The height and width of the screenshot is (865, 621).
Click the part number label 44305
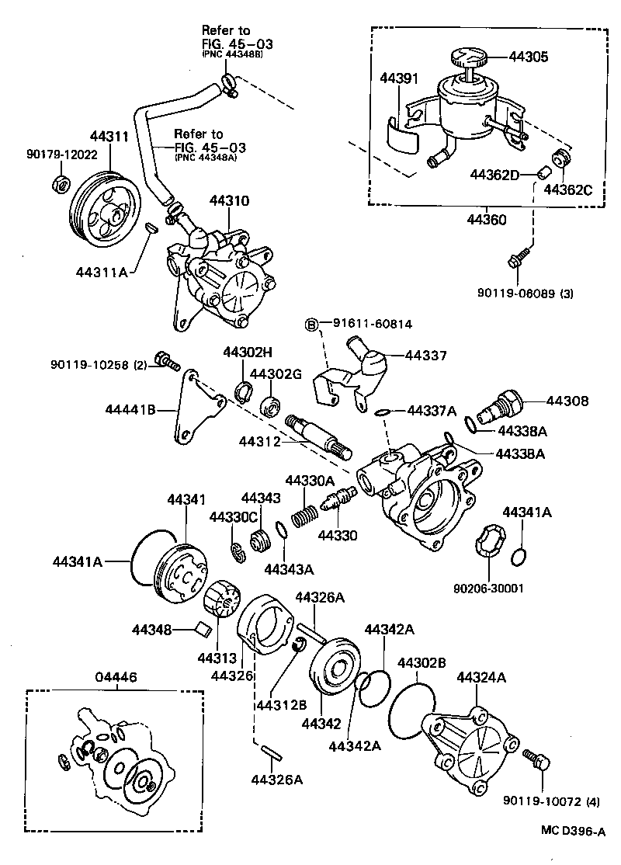tap(529, 57)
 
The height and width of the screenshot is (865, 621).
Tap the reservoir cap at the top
tap(467, 58)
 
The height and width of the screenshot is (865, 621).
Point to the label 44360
tap(486, 220)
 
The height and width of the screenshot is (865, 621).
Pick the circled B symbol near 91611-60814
tap(310, 324)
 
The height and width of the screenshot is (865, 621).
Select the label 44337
tap(426, 356)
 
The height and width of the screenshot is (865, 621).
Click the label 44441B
tap(131, 409)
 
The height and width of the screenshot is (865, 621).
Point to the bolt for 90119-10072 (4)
tap(536, 758)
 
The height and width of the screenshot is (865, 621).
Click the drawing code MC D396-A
tap(573, 832)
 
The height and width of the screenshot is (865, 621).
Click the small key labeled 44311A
tap(152, 228)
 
